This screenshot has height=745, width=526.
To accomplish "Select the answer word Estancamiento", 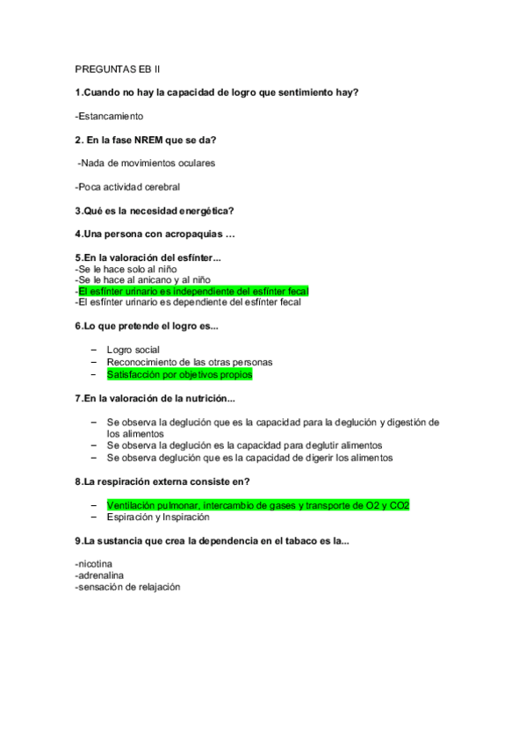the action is [x=111, y=116].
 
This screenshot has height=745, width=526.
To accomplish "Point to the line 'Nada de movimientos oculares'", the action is [x=148, y=163].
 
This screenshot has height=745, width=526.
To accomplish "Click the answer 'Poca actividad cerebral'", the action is [x=128, y=186].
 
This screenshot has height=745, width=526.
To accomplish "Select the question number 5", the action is [x=78, y=257].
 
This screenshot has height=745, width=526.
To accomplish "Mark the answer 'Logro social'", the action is [x=133, y=350].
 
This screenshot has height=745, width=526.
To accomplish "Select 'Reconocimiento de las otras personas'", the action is [x=190, y=362].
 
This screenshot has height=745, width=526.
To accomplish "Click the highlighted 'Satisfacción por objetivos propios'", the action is [x=179, y=374].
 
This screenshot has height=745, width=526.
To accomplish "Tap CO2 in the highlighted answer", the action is [x=400, y=506].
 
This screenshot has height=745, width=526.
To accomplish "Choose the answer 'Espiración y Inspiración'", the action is [x=158, y=517].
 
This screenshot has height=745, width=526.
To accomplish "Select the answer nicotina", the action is [x=96, y=564].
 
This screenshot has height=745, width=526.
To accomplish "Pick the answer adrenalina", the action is [x=100, y=575].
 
